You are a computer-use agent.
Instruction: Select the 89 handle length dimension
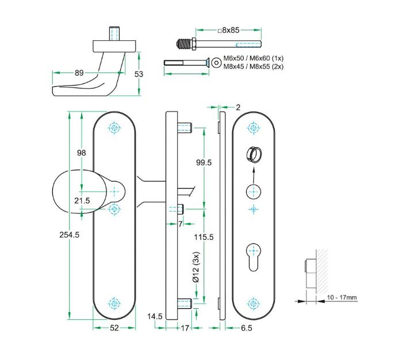point(79,72)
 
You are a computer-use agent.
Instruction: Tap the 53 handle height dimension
point(138,74)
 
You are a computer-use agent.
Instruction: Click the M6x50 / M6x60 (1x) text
point(254,59)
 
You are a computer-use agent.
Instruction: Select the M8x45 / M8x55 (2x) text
point(254,67)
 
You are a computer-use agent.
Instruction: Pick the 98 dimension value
point(81,152)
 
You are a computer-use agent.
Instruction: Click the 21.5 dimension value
point(82,200)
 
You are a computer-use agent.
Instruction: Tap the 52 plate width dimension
point(114,328)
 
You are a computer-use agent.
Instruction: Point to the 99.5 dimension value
point(204,163)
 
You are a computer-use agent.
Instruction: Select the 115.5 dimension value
point(204,237)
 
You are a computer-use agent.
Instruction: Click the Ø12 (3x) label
point(197,268)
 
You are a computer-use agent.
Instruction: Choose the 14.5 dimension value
point(154,316)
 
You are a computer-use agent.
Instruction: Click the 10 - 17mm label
point(342,297)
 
